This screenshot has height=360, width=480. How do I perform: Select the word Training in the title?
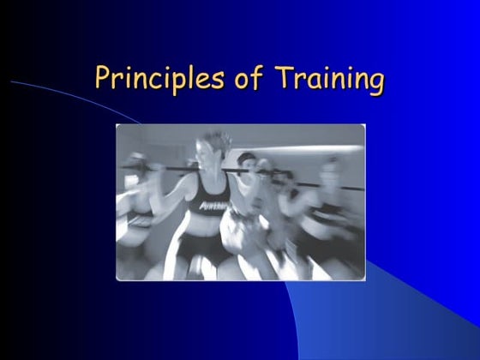point(329,79)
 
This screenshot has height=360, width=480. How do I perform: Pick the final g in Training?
point(374,82)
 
